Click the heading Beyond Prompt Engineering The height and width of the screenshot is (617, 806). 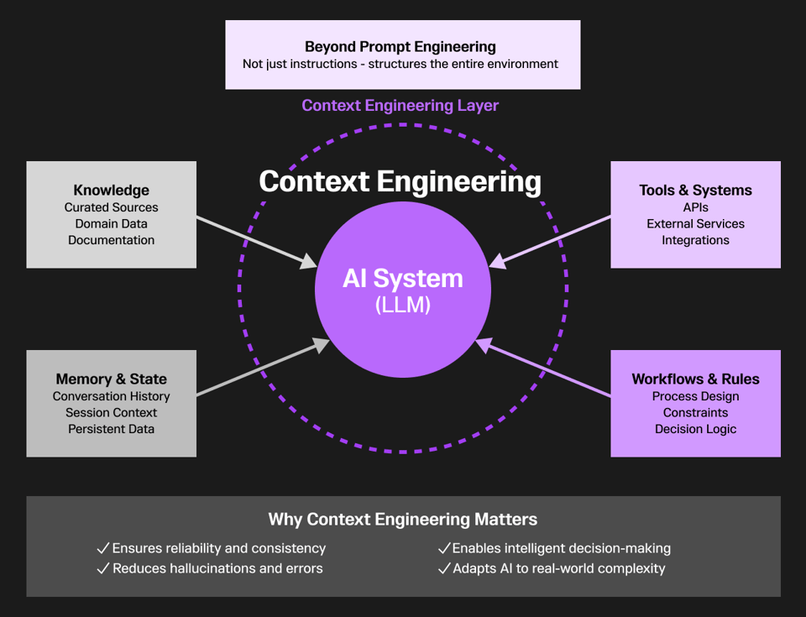pyautogui.click(x=400, y=47)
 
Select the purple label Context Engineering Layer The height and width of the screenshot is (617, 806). pyautogui.click(x=400, y=106)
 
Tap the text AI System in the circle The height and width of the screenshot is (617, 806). pyautogui.click(x=402, y=279)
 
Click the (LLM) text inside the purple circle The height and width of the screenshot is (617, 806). pyautogui.click(x=402, y=306)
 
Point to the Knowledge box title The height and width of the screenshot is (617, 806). pyautogui.click(x=111, y=191)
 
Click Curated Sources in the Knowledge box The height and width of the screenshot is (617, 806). pyautogui.click(x=111, y=207)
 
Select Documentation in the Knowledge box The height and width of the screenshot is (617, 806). pyautogui.click(x=111, y=240)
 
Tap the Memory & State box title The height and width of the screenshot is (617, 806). pyautogui.click(x=111, y=379)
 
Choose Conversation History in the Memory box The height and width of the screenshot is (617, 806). pyautogui.click(x=111, y=396)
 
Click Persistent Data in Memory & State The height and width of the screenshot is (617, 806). pyautogui.click(x=111, y=429)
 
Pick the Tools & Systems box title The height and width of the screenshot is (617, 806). pyautogui.click(x=695, y=191)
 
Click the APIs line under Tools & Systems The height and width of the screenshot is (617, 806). pyautogui.click(x=695, y=207)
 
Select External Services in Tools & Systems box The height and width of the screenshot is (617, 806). pyautogui.click(x=695, y=224)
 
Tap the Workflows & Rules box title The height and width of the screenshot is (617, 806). pyautogui.click(x=695, y=379)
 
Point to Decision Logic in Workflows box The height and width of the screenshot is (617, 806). pyautogui.click(x=695, y=429)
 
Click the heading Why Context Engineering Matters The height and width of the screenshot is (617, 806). pyautogui.click(x=402, y=520)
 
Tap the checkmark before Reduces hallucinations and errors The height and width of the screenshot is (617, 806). pyautogui.click(x=103, y=569)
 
